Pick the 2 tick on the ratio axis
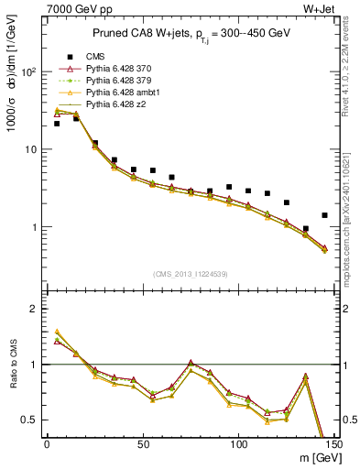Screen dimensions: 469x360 coord(34,309)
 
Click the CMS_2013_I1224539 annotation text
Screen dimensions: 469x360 coord(191,273)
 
